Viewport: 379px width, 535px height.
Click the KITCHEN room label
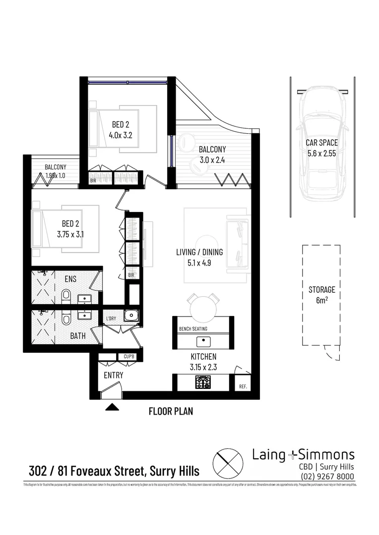pos(203,357)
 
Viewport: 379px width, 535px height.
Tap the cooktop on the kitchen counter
pos(203,382)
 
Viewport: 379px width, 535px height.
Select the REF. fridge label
pos(243,386)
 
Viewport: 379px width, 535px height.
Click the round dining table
pos(202,309)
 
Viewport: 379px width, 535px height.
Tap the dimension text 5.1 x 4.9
pos(199,263)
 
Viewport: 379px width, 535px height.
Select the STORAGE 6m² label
pos(321,294)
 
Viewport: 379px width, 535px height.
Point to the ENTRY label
pos(113,375)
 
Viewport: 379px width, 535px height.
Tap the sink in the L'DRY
pos(130,315)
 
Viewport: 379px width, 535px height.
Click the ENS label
pos(70,279)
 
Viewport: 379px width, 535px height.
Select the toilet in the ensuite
pos(66,297)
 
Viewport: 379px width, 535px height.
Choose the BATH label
pos(77,336)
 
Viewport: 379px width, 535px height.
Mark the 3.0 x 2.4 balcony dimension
pos(212,160)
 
